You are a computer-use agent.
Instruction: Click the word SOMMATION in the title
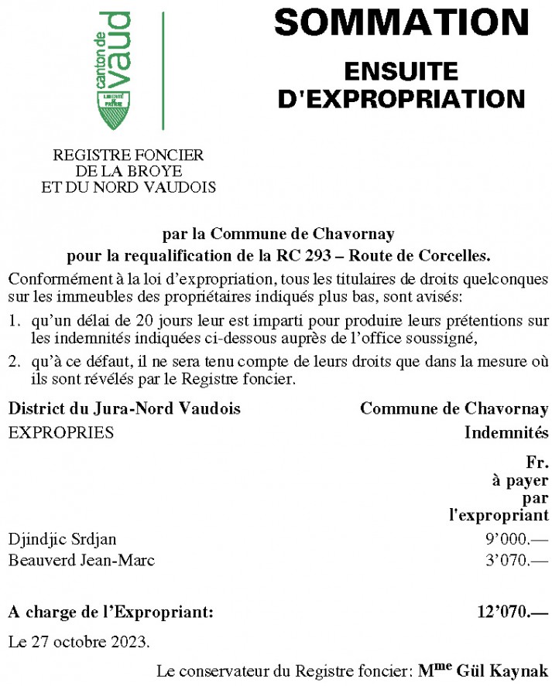pyautogui.click(x=401, y=23)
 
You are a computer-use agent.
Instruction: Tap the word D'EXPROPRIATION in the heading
pyautogui.click(x=401, y=98)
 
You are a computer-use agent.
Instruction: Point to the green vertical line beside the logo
pyautogui.click(x=163, y=71)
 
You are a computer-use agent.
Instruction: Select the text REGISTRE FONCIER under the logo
pyautogui.click(x=128, y=155)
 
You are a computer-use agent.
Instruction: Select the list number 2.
pyautogui.click(x=13, y=360)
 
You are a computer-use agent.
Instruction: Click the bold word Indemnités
pyautogui.click(x=506, y=432)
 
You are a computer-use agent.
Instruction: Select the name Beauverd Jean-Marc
pyautogui.click(x=81, y=560)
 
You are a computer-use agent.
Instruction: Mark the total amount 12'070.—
pyautogui.click(x=513, y=613)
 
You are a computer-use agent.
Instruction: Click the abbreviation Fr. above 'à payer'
pyautogui.click(x=537, y=464)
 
